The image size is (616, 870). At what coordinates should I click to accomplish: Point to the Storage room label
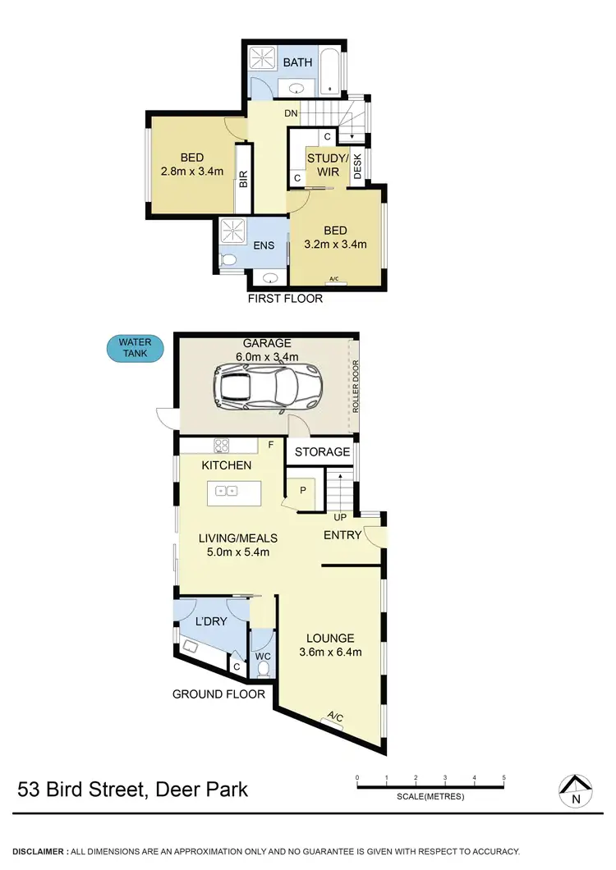pyautogui.click(x=322, y=451)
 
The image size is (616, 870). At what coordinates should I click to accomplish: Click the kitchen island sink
pyautogui.click(x=226, y=491)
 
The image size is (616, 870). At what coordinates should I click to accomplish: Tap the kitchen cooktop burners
pyautogui.click(x=222, y=446)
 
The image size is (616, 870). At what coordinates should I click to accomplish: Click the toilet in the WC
pyautogui.click(x=264, y=670)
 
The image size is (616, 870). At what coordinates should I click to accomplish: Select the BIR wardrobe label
pyautogui.click(x=243, y=179)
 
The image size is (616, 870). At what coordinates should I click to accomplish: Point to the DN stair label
pyautogui.click(x=291, y=113)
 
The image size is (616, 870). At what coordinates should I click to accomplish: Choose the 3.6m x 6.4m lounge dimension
pyautogui.click(x=329, y=652)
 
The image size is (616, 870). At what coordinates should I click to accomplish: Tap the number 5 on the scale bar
pyautogui.click(x=503, y=777)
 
